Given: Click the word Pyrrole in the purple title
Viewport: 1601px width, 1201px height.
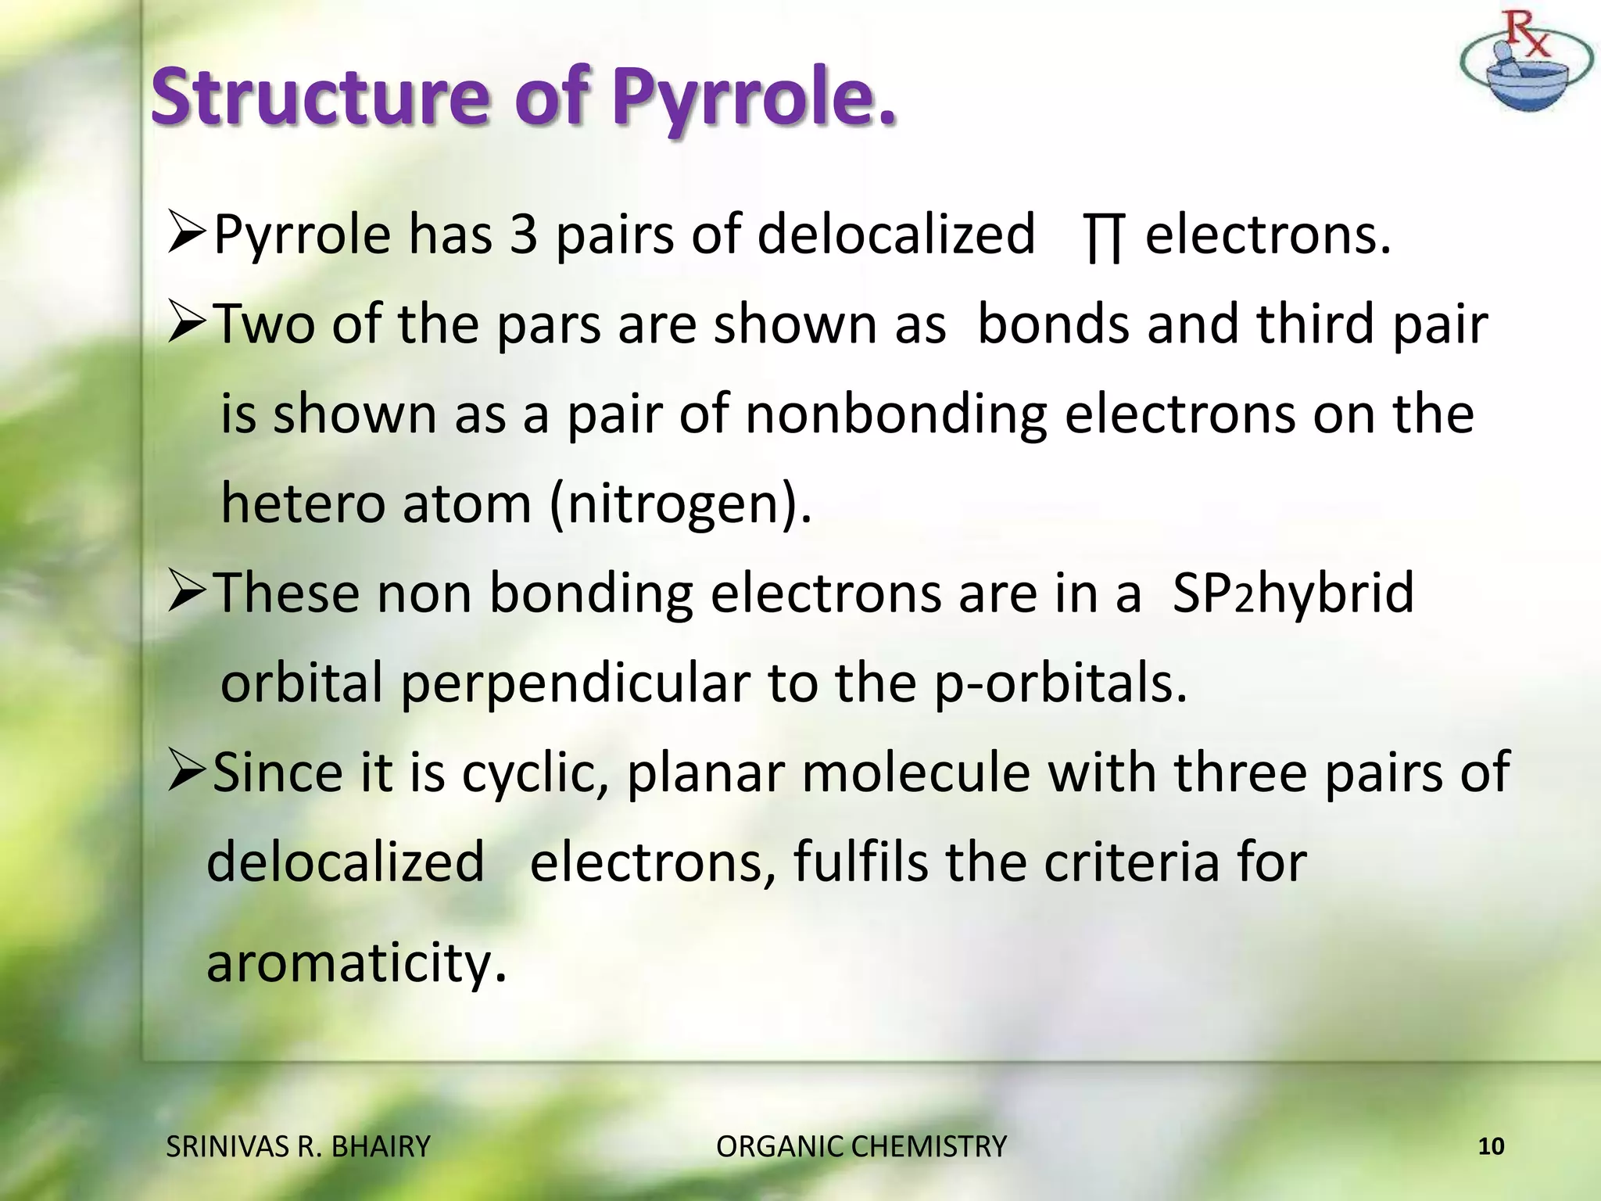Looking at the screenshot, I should click(x=753, y=98).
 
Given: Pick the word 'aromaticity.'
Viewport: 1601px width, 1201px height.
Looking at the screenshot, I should click(x=356, y=963).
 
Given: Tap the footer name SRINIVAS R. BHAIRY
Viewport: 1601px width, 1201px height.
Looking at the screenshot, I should click(x=299, y=1146).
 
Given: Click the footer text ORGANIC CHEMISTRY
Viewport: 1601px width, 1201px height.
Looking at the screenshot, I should click(x=861, y=1146).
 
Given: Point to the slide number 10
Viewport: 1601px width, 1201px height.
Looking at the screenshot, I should click(x=1491, y=1146).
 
